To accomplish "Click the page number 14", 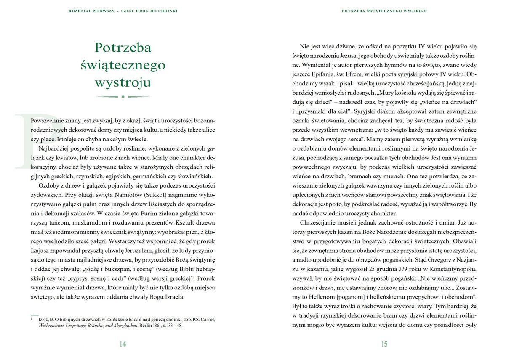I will click(x=123, y=344).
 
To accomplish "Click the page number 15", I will click(x=384, y=344).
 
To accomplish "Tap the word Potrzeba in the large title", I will click(x=123, y=48).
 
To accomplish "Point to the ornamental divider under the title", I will click(x=123, y=97).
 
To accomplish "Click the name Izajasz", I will click(x=41, y=251).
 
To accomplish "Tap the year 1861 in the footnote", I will click(x=159, y=326).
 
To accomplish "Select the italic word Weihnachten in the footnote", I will click(x=49, y=326).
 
